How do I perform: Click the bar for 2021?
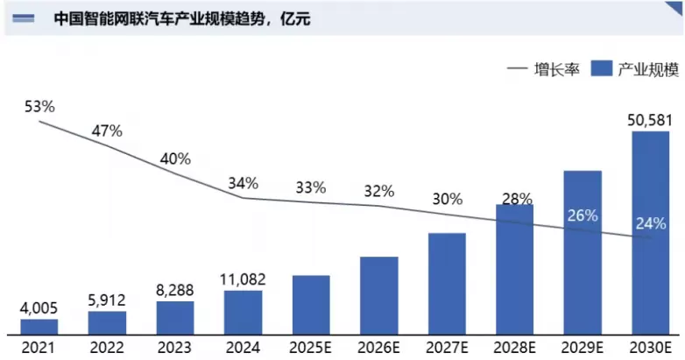point(39,327)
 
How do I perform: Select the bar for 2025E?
point(311,305)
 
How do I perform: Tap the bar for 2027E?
point(447,284)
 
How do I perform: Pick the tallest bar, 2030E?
point(651,233)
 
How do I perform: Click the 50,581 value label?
point(650,120)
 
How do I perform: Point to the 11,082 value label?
point(243,279)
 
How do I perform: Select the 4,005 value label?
point(39,308)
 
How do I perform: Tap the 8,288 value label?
point(174,290)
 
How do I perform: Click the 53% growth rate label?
point(39,106)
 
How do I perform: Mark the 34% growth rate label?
point(243,183)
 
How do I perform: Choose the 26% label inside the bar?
point(583,215)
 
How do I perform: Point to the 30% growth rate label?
point(448,199)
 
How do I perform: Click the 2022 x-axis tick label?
point(107,349)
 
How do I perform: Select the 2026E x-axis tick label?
point(378,349)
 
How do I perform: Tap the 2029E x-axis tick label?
point(583,349)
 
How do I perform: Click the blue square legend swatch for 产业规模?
point(602,68)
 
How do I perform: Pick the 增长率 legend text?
point(556,69)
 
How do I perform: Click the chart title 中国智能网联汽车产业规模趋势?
point(159,18)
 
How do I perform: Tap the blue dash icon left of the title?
point(23,18)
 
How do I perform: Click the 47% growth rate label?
point(107,131)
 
